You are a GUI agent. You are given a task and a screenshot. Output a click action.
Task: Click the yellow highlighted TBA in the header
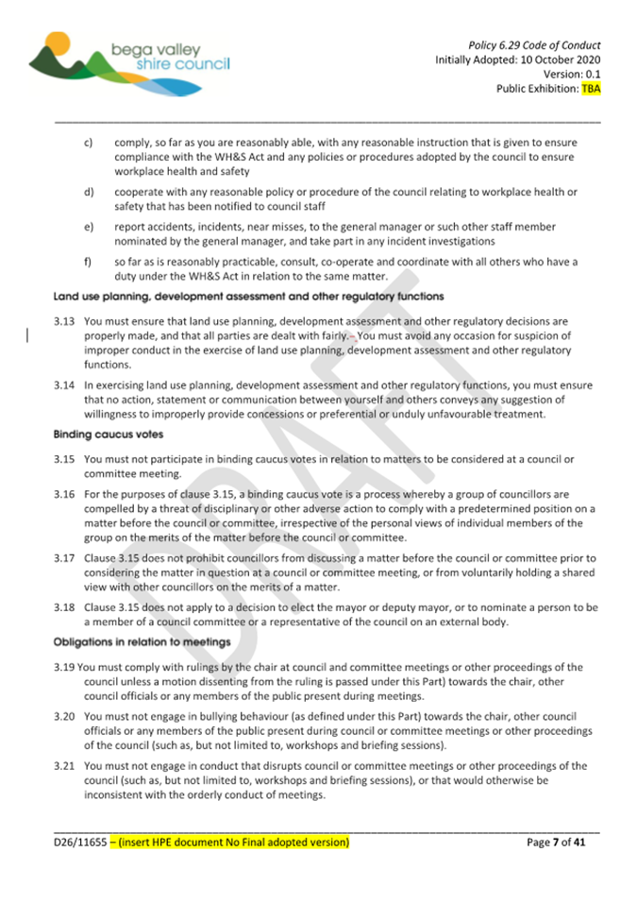point(591,90)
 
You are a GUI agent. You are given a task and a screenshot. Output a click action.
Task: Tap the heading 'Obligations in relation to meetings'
point(142,643)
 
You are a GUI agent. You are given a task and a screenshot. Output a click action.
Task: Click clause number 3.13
point(63,322)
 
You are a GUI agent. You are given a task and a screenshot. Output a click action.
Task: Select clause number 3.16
point(63,493)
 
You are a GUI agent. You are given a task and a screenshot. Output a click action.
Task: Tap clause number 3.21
point(63,766)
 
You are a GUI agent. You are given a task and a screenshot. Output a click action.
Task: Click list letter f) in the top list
point(88,262)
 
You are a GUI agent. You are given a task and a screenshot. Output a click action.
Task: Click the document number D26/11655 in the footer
point(79,841)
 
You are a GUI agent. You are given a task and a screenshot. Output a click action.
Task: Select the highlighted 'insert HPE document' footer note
point(229,841)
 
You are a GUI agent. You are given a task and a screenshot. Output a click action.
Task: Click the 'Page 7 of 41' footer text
point(557,841)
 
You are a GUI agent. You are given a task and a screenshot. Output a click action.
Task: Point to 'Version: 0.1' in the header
point(571,75)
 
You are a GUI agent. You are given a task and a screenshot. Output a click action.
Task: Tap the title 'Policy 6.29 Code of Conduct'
point(534,44)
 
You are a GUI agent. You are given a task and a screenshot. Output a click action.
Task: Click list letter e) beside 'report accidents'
point(88,227)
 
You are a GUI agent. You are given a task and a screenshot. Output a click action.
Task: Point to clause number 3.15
point(63,459)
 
